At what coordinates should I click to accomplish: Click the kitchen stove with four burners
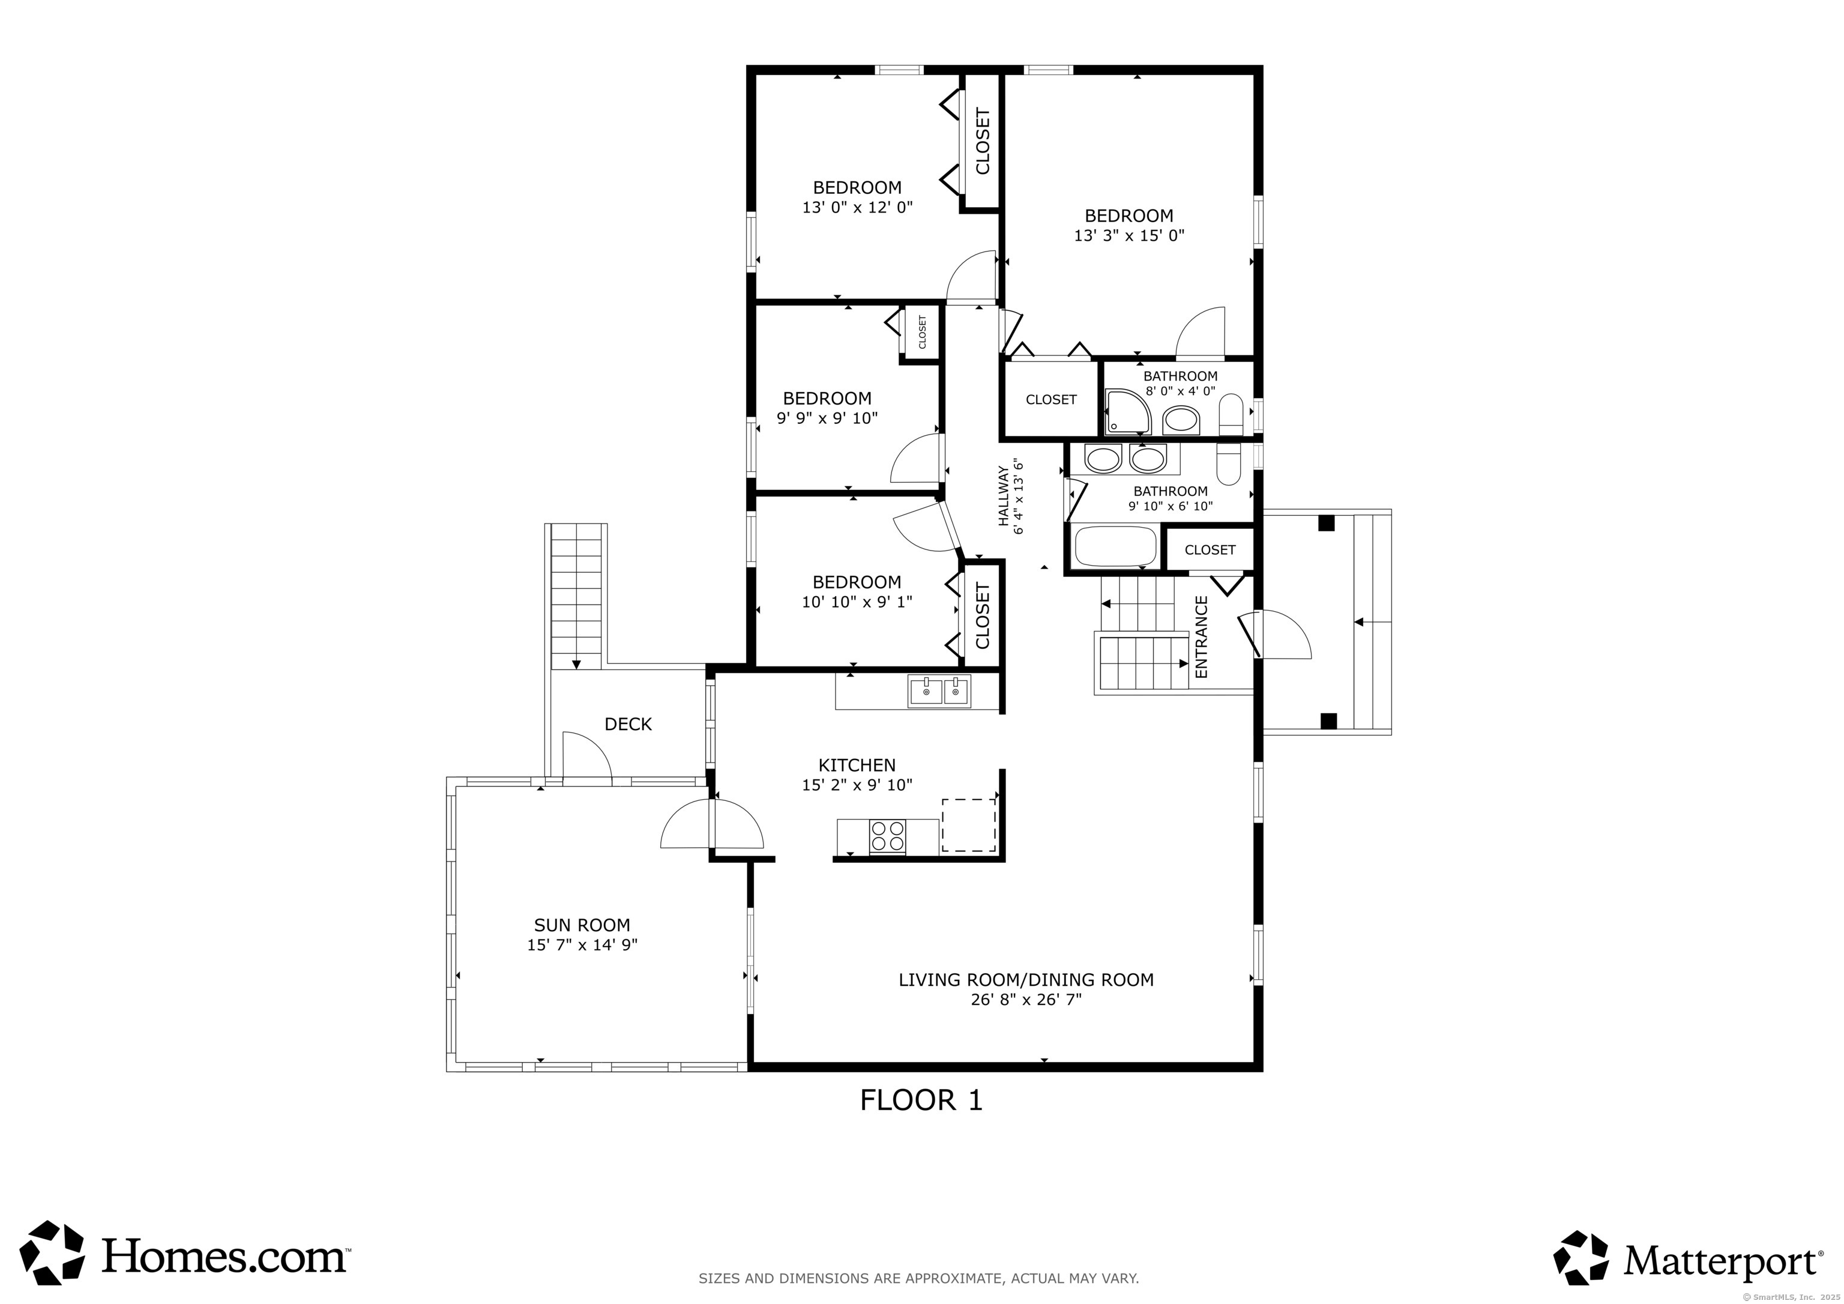(x=887, y=836)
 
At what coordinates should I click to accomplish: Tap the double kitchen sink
(x=939, y=691)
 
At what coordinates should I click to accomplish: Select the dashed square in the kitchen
(x=969, y=825)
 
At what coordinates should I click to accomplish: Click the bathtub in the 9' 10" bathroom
(x=1115, y=546)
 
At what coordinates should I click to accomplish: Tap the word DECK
(x=628, y=724)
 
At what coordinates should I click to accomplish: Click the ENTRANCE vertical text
(x=1202, y=636)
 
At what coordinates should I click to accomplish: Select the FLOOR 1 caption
(x=921, y=1100)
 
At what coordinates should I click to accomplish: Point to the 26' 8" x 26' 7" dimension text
(x=1026, y=1000)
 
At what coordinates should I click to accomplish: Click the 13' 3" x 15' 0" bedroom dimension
(x=1129, y=235)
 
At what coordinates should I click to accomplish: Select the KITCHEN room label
(x=857, y=765)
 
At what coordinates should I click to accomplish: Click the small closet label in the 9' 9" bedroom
(x=922, y=332)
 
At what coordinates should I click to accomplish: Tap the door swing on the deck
(x=587, y=755)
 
